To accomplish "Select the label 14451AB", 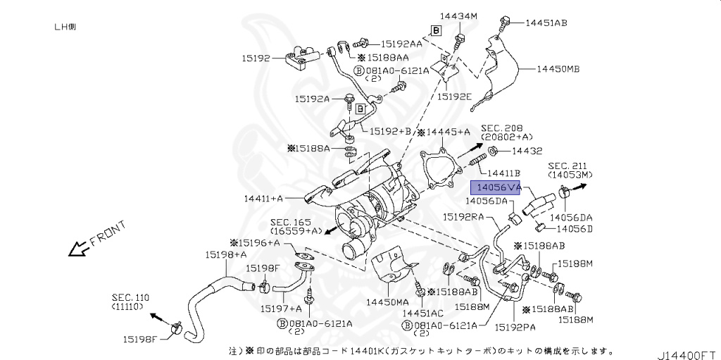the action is click(x=546, y=23).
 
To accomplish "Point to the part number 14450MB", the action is click(x=558, y=69).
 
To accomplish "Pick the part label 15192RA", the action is click(x=463, y=217).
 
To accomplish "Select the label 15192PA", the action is click(x=515, y=326).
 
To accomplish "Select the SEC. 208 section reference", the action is click(x=503, y=132).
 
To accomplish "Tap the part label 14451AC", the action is click(x=422, y=312).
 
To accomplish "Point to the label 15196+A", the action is click(x=258, y=243).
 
